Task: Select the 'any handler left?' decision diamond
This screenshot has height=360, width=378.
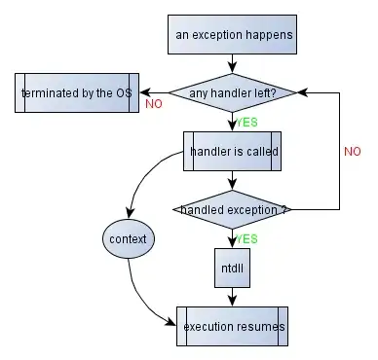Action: coord(233,93)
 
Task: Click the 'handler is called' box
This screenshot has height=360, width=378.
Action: coord(233,151)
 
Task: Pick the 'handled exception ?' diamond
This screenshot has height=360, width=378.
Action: coord(231,209)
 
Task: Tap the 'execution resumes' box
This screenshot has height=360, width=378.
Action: coord(233,327)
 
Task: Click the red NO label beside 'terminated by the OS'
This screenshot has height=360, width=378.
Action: coord(153,104)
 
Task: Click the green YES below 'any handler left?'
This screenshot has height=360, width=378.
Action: coord(247,123)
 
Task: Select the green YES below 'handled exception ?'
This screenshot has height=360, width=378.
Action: coord(247,237)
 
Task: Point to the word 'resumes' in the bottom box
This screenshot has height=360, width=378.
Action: coord(261,327)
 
